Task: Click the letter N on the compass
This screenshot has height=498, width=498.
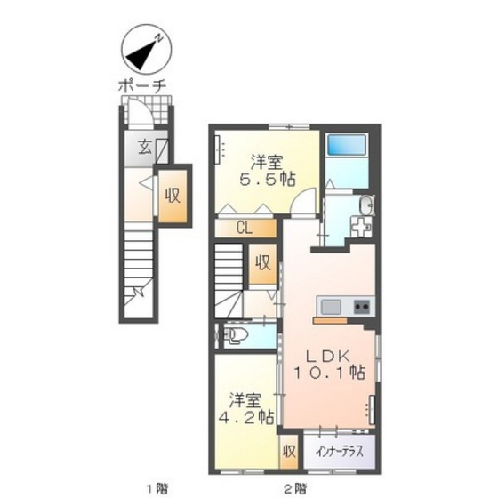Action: click(x=159, y=38)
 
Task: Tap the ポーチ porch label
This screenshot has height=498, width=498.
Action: click(x=142, y=85)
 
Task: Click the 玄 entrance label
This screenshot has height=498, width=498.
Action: click(x=144, y=148)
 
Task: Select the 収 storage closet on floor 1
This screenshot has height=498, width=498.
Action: click(x=173, y=196)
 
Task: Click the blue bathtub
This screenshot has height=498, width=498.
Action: click(x=347, y=144)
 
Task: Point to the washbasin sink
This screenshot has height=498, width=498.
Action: click(x=366, y=205)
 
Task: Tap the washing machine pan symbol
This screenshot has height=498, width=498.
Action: click(x=362, y=227)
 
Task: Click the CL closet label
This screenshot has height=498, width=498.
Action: click(x=245, y=228)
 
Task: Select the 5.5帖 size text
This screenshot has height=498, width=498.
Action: click(x=267, y=180)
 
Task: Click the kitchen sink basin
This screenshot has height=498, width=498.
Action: click(x=331, y=307)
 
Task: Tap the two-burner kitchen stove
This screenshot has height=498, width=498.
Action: click(x=362, y=307)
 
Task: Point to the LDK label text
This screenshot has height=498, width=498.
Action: click(x=328, y=356)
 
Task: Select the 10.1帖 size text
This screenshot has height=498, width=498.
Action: click(x=329, y=373)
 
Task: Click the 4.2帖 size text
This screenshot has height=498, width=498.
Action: click(x=246, y=418)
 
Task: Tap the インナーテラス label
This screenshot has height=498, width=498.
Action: click(x=339, y=452)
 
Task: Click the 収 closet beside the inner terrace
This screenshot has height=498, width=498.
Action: click(x=289, y=452)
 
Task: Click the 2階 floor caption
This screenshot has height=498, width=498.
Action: click(x=295, y=487)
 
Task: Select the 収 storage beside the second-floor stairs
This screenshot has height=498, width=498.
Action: click(x=263, y=263)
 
